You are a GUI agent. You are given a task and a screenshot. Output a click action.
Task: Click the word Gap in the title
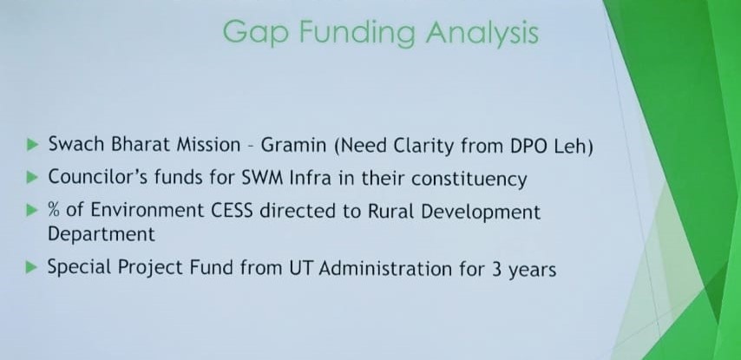[x=255, y=34]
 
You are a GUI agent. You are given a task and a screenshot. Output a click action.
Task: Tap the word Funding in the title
[x=357, y=31]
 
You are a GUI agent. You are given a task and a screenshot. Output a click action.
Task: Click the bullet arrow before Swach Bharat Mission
[x=32, y=145]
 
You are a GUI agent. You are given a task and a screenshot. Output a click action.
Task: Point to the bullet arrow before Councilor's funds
[x=32, y=178]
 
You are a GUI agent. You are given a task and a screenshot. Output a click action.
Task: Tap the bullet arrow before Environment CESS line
[x=32, y=210]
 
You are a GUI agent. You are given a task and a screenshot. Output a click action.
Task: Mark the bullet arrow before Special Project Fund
[x=32, y=268]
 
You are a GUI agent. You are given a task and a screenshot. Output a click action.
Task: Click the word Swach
[x=77, y=144]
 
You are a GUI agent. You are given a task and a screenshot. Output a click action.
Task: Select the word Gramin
[x=293, y=145]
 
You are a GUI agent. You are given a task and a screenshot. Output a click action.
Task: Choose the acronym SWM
[x=262, y=178]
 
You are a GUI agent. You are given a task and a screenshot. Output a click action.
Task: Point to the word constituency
[x=469, y=180]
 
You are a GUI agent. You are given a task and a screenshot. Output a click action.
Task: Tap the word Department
[x=102, y=234]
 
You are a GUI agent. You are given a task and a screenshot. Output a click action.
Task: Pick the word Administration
[x=385, y=268]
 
